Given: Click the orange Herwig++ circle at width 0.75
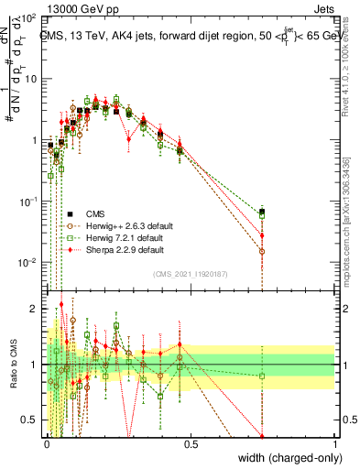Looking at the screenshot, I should (263, 251).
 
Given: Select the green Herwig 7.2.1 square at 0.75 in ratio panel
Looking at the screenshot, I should (263, 376).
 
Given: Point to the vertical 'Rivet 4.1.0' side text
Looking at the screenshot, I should (351, 64).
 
